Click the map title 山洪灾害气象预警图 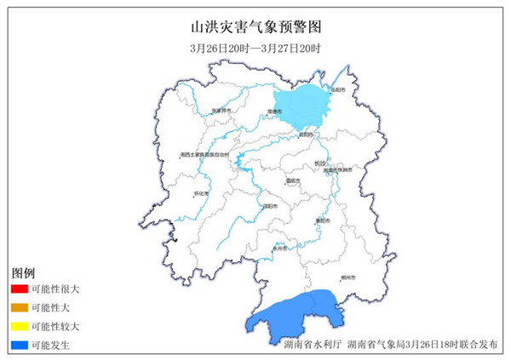point(255,27)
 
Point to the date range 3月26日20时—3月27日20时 point(255,49)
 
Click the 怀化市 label point(203,193)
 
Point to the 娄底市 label point(293,180)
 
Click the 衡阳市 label point(321,220)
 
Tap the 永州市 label point(280,249)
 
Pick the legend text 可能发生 point(50,345)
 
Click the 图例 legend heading point(23,272)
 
